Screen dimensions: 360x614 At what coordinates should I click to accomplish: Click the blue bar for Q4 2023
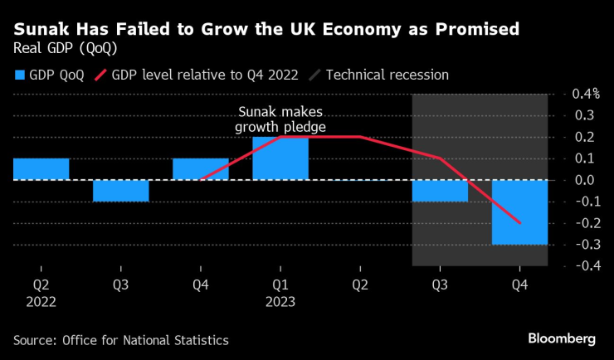pos(519,212)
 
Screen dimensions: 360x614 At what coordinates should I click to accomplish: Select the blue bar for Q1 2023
pos(280,158)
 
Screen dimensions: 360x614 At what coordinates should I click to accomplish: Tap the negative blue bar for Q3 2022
pos(120,190)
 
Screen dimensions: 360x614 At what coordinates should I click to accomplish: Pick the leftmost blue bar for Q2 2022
pos(41,168)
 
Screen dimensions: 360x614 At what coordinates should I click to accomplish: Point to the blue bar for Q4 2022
pos(200,168)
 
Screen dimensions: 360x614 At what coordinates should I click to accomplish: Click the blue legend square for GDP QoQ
pos(19,75)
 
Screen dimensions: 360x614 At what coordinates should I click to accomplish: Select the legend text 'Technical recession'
pos(387,75)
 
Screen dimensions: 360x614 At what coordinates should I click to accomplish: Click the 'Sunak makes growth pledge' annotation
pos(280,120)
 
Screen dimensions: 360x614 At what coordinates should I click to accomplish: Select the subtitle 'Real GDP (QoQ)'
pos(65,49)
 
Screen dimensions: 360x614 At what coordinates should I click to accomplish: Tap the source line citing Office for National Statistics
pos(121,340)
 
